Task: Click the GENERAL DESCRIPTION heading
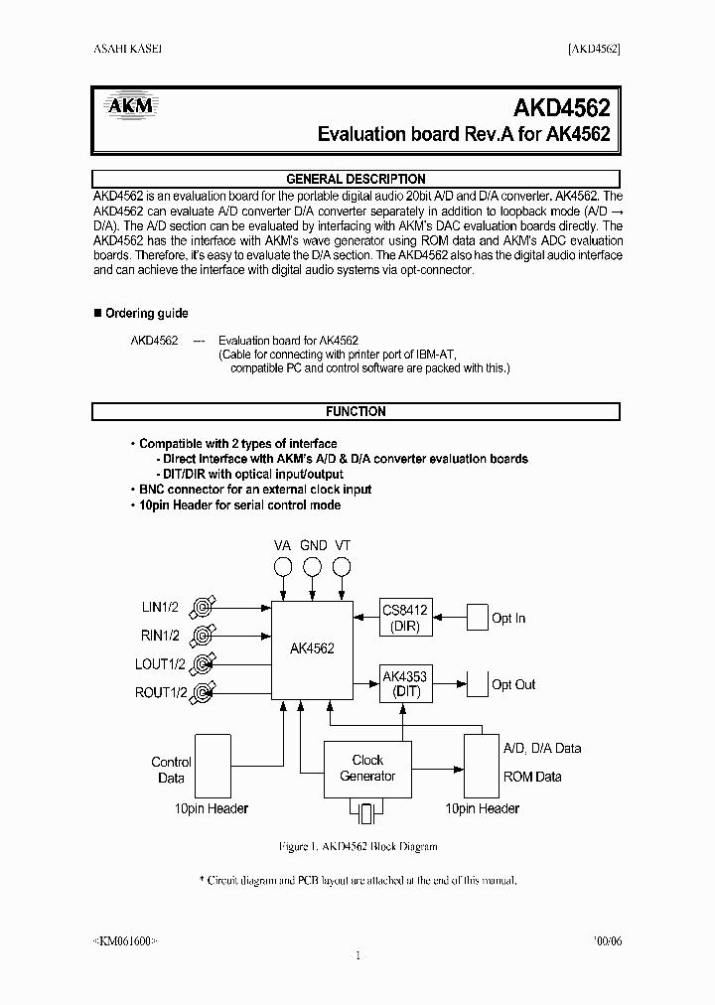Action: tap(356, 180)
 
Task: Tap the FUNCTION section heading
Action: tap(356, 411)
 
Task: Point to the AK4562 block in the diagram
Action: tap(312, 648)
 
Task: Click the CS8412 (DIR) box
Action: tap(405, 619)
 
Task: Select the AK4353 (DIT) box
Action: tap(405, 684)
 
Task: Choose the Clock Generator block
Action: tap(367, 769)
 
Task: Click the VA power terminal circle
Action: tap(283, 567)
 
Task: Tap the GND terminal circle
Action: tap(312, 567)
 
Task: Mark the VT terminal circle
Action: tap(342, 567)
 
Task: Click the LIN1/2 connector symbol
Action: tap(204, 607)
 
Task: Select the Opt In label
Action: tap(508, 619)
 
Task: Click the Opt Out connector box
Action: tap(478, 684)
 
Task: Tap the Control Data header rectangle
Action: tap(214, 766)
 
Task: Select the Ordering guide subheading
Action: tap(146, 314)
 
